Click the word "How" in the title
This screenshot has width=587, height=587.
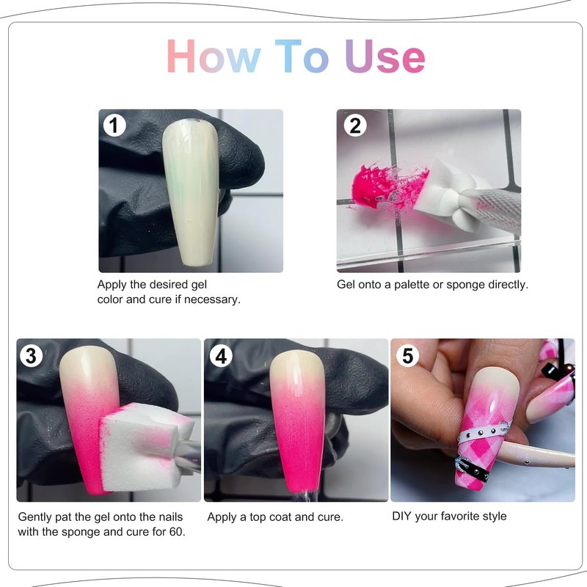[214, 56]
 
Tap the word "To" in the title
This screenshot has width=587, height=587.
[302, 56]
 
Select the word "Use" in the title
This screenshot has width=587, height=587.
[385, 56]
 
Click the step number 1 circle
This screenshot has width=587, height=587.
[114, 125]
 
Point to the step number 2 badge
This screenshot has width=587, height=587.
[355, 125]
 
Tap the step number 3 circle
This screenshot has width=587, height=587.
[31, 355]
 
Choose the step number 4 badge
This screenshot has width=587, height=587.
[221, 355]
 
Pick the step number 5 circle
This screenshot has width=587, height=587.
[408, 355]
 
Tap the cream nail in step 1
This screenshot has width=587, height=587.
[191, 191]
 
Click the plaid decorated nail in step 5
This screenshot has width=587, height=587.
[483, 427]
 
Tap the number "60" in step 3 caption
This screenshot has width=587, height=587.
[176, 531]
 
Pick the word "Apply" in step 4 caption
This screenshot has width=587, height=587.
[222, 517]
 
